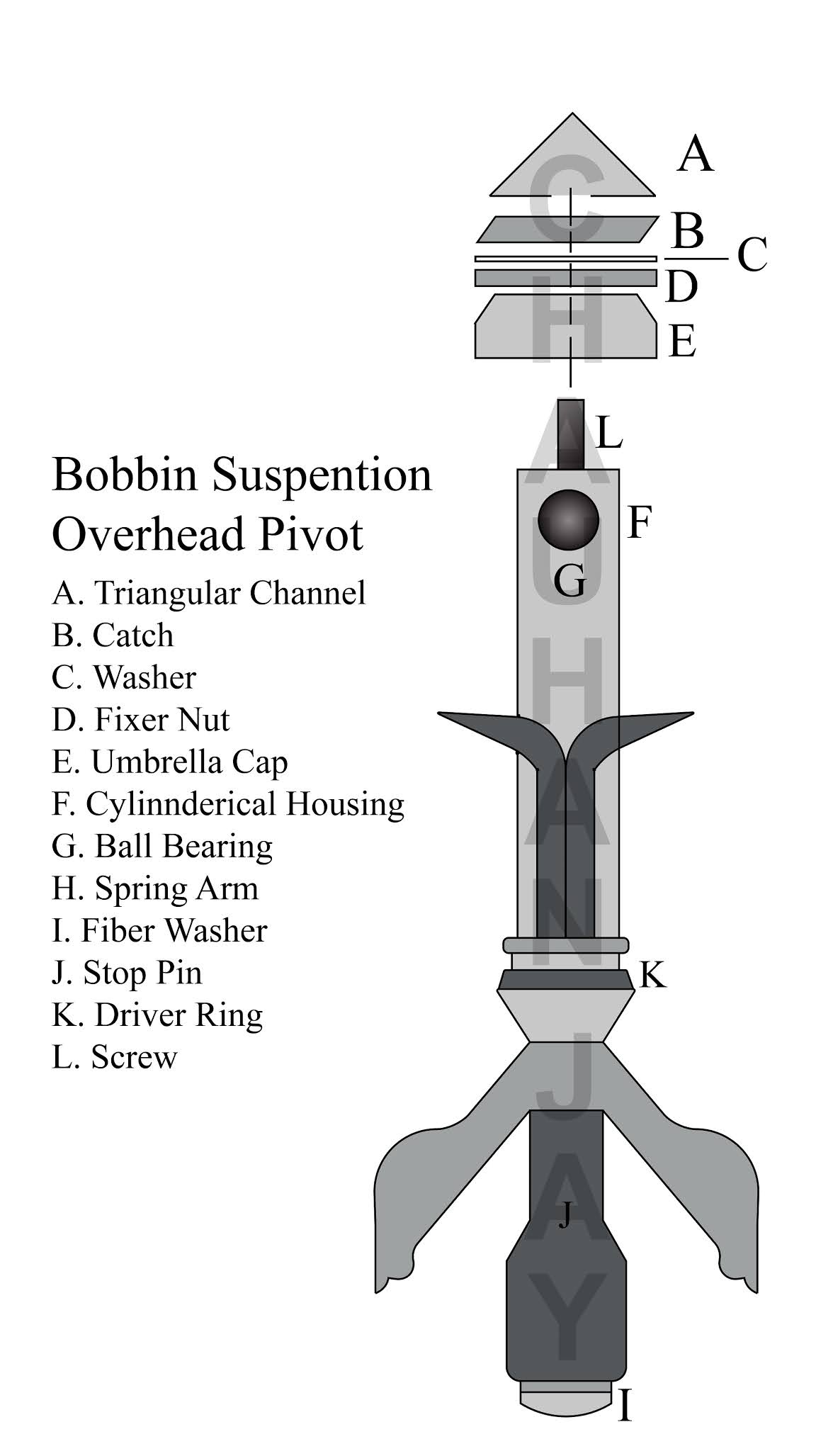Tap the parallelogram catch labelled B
[567, 229]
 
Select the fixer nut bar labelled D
[565, 277]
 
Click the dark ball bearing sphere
[568, 519]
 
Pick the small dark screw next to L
[570, 434]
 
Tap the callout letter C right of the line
[752, 256]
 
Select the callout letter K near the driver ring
[653, 976]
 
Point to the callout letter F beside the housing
[639, 524]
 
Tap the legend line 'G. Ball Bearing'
[162, 846]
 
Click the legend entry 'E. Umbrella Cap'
[170, 762]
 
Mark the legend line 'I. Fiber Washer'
[159, 930]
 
